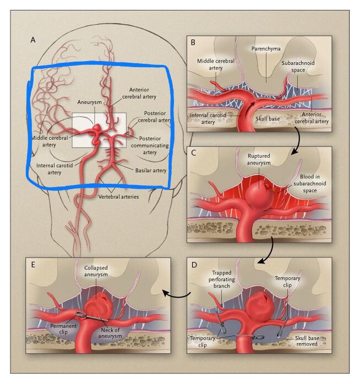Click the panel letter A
coord(34,40)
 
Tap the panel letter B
coord(193,42)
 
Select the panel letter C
coord(193,154)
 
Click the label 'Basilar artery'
coord(151,171)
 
